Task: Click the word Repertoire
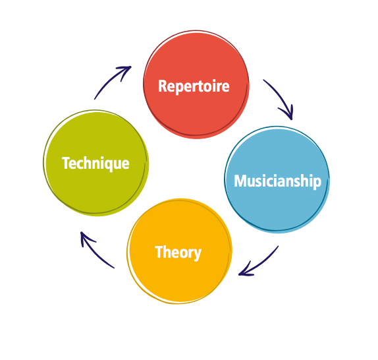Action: [x=194, y=86]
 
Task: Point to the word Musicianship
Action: [x=277, y=181]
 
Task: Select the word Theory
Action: [x=178, y=252]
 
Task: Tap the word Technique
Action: [x=95, y=163]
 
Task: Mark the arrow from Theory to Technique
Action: [x=95, y=251]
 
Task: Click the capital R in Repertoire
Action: [x=163, y=86]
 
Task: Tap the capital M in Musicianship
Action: [x=240, y=181]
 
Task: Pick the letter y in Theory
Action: [x=197, y=253]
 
